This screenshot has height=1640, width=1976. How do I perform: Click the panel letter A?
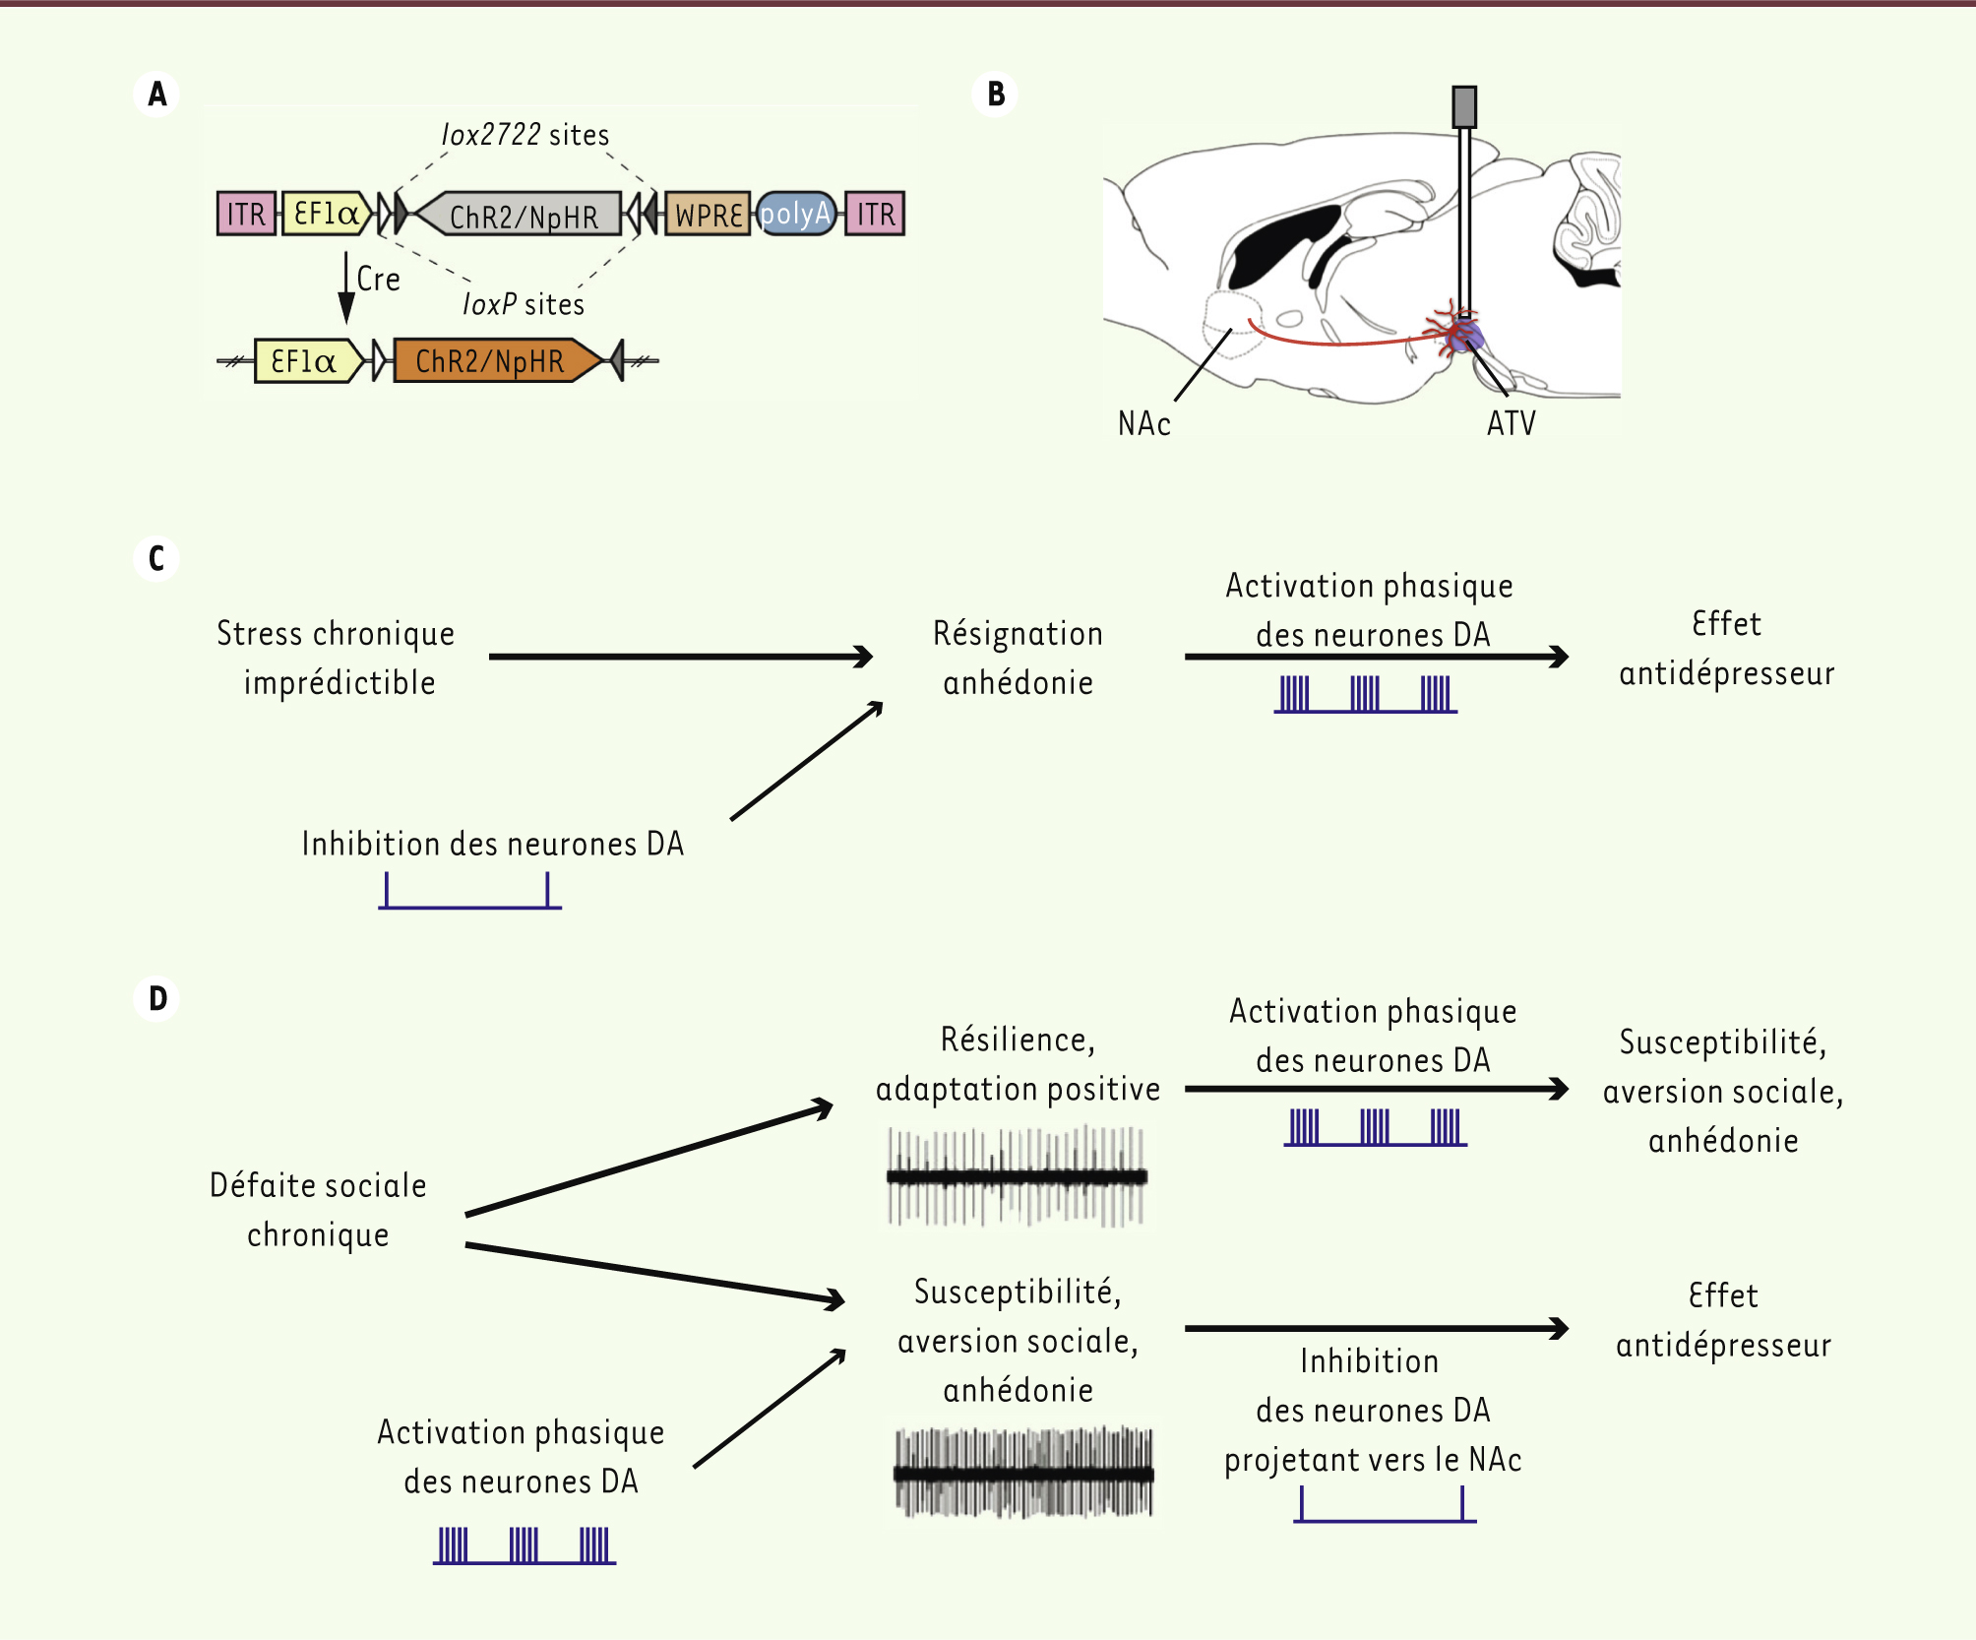coord(156,95)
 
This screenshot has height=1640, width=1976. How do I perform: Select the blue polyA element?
coord(796,214)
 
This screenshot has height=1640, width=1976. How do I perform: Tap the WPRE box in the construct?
coord(708,214)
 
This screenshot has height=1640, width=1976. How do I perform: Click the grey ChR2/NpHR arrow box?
coord(522,215)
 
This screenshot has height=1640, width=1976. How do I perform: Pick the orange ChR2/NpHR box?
coord(492,361)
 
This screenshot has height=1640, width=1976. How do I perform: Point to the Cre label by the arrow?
coord(378,280)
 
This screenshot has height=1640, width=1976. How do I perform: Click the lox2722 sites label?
coord(525,135)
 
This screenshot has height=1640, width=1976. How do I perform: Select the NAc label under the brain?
coord(1143,424)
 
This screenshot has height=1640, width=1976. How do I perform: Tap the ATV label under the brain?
coord(1511,424)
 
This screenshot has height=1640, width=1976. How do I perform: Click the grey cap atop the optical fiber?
coord(1464,106)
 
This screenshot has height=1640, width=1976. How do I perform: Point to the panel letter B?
coord(995,95)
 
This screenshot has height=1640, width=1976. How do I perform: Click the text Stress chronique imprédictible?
coord(337,658)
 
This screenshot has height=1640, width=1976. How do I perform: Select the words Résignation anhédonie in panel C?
coord(1018,658)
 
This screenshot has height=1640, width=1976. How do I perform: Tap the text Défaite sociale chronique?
coord(318,1210)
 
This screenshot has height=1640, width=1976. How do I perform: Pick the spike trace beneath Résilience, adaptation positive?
coord(1017,1176)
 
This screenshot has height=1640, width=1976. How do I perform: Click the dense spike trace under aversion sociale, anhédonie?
coord(1023,1473)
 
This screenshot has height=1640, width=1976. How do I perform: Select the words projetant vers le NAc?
coord(1373,1460)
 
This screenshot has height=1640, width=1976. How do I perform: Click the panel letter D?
coord(157,999)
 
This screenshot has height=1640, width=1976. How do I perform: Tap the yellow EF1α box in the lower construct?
coord(305,361)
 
